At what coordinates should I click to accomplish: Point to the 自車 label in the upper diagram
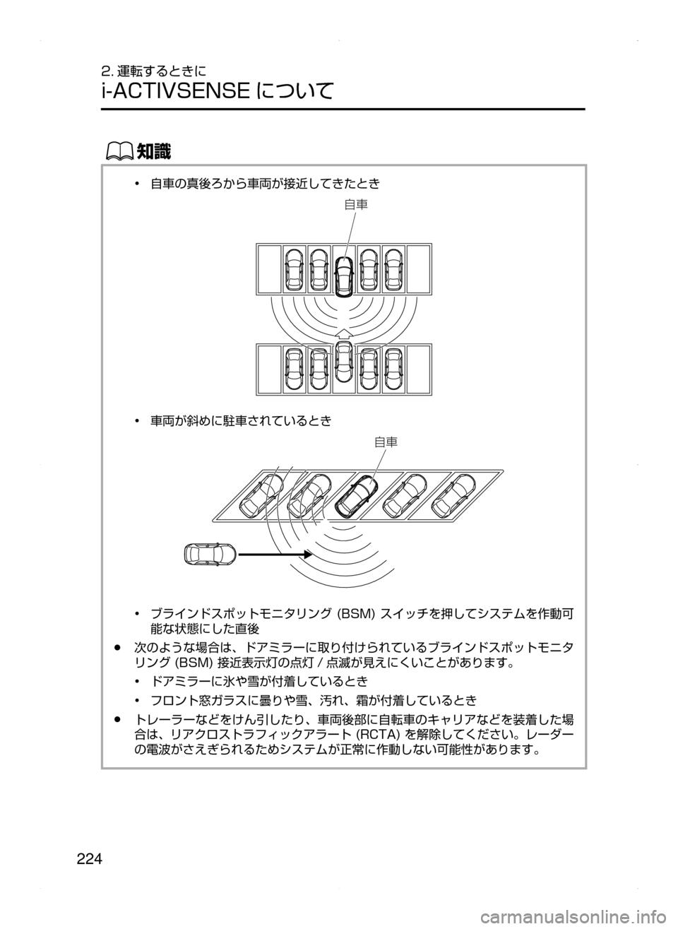point(356,205)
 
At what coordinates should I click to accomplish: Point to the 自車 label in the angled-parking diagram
point(386,442)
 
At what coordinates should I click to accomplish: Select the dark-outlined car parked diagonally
point(357,496)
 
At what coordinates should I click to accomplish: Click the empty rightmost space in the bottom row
point(419,369)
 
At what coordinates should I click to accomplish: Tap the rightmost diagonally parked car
point(454,495)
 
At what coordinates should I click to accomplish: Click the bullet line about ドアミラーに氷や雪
point(259,682)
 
